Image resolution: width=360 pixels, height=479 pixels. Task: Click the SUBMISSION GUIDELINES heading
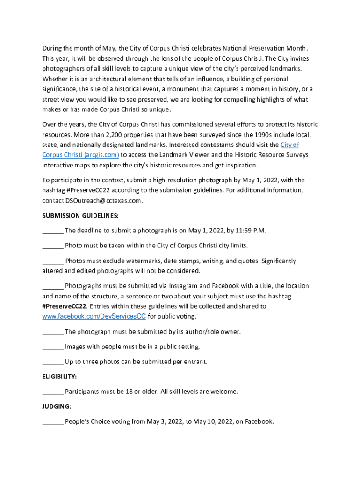(80, 216)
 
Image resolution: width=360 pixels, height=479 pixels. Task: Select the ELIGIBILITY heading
(59, 377)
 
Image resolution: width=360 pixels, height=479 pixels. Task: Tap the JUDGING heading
(57, 406)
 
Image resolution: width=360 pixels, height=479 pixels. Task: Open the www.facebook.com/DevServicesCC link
(94, 317)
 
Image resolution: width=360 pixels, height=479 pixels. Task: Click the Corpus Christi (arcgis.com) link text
(80, 155)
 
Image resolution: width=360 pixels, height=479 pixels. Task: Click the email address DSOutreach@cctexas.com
(103, 200)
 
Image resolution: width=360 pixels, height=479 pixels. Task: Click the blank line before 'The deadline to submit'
(53, 231)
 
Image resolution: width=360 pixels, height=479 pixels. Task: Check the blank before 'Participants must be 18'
(53, 392)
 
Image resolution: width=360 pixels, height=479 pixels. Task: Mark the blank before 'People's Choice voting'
(53, 421)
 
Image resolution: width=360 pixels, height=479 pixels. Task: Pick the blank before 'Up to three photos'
(53, 362)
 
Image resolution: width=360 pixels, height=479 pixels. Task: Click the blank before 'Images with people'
(53, 347)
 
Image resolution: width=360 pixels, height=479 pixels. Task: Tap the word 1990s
(255, 135)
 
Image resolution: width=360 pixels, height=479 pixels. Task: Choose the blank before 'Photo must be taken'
(53, 246)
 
